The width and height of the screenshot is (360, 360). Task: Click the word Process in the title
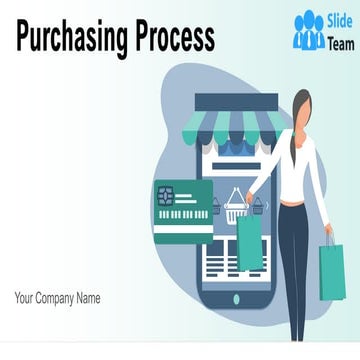coord(167,38)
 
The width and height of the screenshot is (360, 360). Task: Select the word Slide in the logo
coord(337,21)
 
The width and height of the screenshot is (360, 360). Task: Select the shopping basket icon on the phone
coord(236,206)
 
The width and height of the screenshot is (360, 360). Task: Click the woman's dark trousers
coord(292,265)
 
